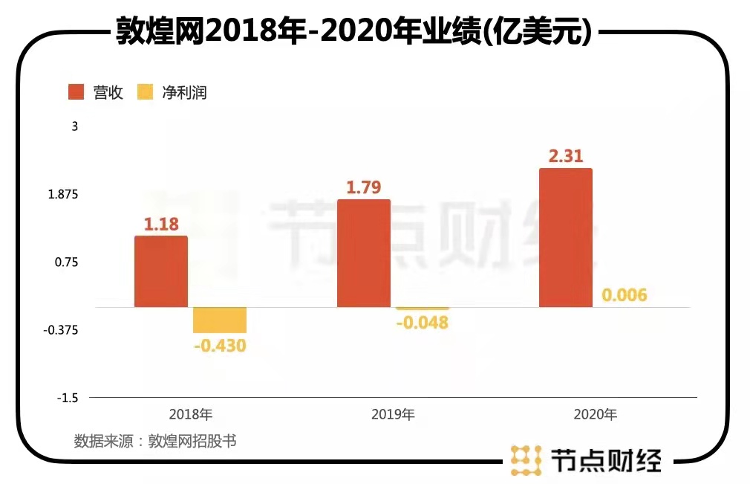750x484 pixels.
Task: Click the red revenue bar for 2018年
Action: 161,271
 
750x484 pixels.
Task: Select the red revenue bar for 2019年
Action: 364,253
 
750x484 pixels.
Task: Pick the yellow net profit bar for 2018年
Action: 220,320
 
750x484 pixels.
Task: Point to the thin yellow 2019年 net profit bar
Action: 423,309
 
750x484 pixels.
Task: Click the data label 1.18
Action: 161,223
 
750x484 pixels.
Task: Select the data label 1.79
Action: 364,187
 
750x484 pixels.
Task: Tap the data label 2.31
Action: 566,156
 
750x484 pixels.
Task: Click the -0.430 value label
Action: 220,346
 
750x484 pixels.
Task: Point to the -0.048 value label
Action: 423,323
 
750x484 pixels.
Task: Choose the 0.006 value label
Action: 625,295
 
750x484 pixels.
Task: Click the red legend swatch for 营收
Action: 77,92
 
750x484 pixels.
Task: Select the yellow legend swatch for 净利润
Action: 146,92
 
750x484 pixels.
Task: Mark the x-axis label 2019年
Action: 394,414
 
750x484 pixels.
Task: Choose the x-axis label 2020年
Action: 596,414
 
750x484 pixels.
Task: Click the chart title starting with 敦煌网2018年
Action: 353,31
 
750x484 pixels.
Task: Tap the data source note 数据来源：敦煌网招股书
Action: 155,440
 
